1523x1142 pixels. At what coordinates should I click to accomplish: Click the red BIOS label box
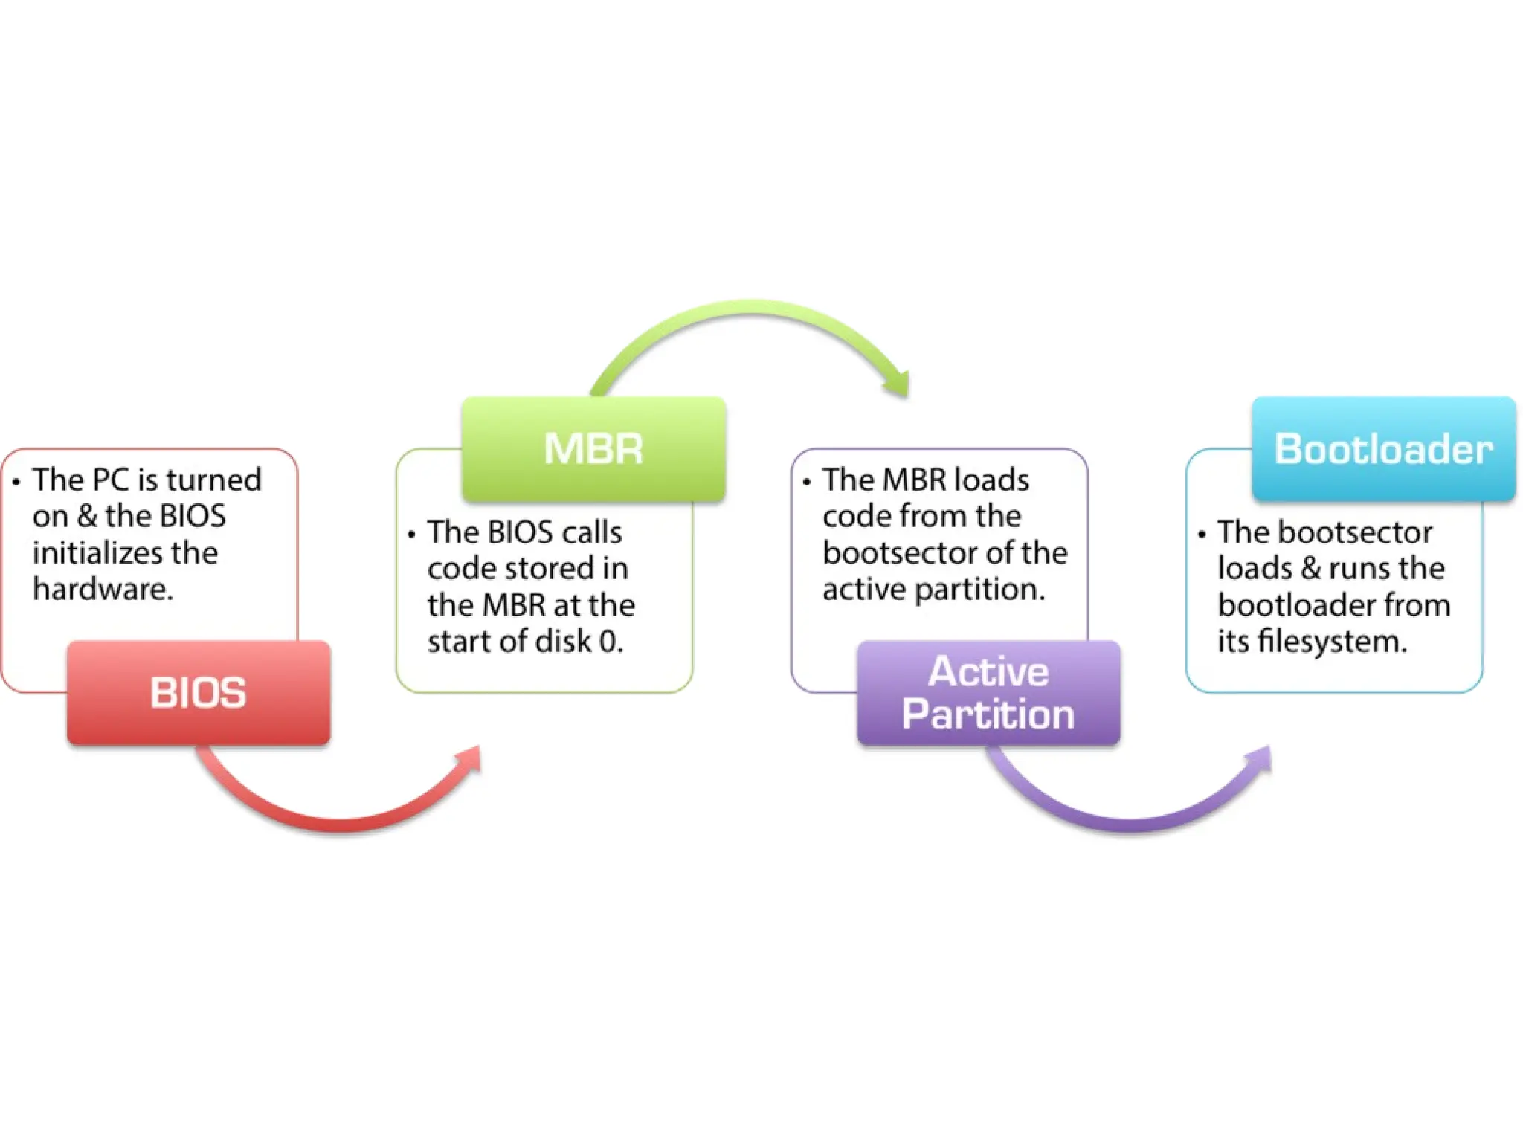click(199, 692)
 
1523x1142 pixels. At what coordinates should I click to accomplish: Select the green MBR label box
click(593, 449)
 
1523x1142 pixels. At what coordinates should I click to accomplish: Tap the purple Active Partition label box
click(988, 692)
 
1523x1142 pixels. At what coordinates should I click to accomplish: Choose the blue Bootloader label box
click(1383, 449)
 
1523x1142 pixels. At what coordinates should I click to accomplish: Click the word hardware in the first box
click(103, 590)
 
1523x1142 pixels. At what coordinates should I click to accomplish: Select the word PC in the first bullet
click(112, 480)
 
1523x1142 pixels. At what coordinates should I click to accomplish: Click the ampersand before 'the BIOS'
click(87, 516)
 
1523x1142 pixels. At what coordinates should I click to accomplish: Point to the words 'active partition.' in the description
click(933, 590)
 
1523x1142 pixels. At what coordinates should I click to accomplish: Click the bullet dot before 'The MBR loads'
click(806, 482)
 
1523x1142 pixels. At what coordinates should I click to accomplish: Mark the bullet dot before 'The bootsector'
click(1201, 535)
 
